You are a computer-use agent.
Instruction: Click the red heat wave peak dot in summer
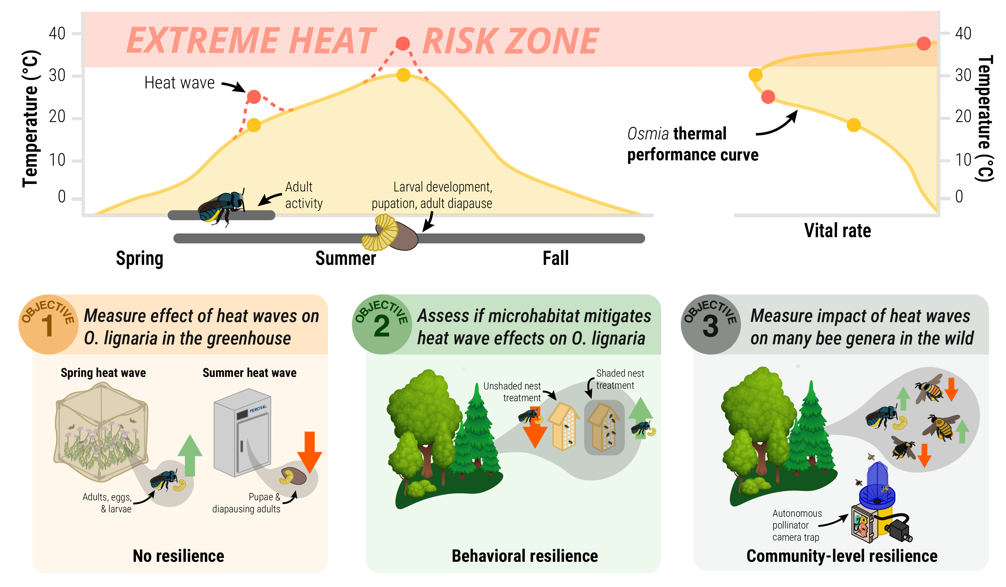[x=403, y=43]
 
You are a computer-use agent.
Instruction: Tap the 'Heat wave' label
[x=179, y=82]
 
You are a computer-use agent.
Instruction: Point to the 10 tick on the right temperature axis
[x=963, y=160]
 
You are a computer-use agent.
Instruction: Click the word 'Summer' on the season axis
[x=346, y=258]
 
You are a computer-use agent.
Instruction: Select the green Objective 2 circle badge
[x=382, y=324]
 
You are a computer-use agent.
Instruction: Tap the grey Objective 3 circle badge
[x=711, y=324]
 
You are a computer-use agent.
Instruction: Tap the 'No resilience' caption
[x=178, y=556]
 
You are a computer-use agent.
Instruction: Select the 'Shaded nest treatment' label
[x=620, y=379]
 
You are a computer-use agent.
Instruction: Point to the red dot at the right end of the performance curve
[x=924, y=44]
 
